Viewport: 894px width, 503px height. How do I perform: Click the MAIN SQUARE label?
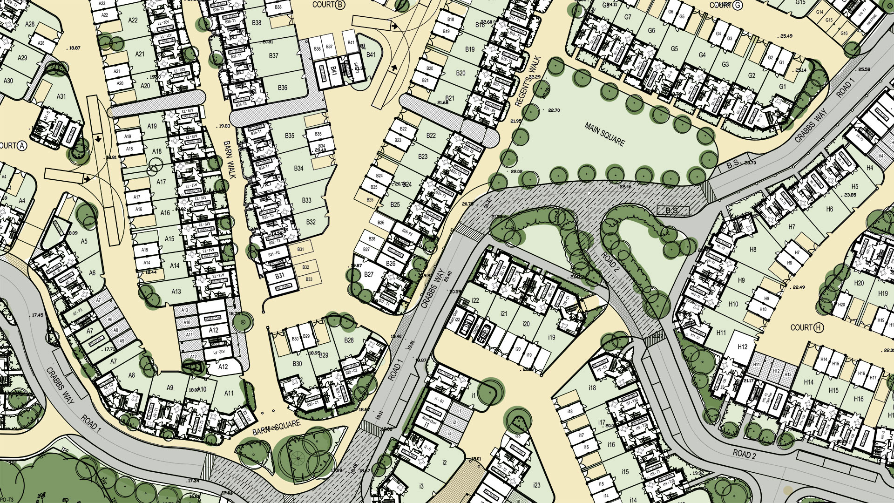click(604, 135)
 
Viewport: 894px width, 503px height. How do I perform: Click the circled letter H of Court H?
click(819, 328)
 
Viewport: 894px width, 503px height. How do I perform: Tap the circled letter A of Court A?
click(21, 146)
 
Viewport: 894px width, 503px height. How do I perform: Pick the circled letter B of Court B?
click(340, 5)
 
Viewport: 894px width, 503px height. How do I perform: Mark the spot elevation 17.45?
click(37, 315)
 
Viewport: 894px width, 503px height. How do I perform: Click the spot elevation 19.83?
click(224, 126)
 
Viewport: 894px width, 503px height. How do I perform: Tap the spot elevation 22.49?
click(798, 287)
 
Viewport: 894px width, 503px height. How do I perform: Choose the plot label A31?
click(61, 97)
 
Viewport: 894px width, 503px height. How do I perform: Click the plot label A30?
click(8, 81)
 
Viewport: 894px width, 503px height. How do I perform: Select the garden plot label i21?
click(504, 314)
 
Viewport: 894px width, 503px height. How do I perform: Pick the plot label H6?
click(829, 209)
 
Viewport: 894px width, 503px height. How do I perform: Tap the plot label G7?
click(628, 17)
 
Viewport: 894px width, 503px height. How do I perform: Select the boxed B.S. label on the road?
click(672, 211)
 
